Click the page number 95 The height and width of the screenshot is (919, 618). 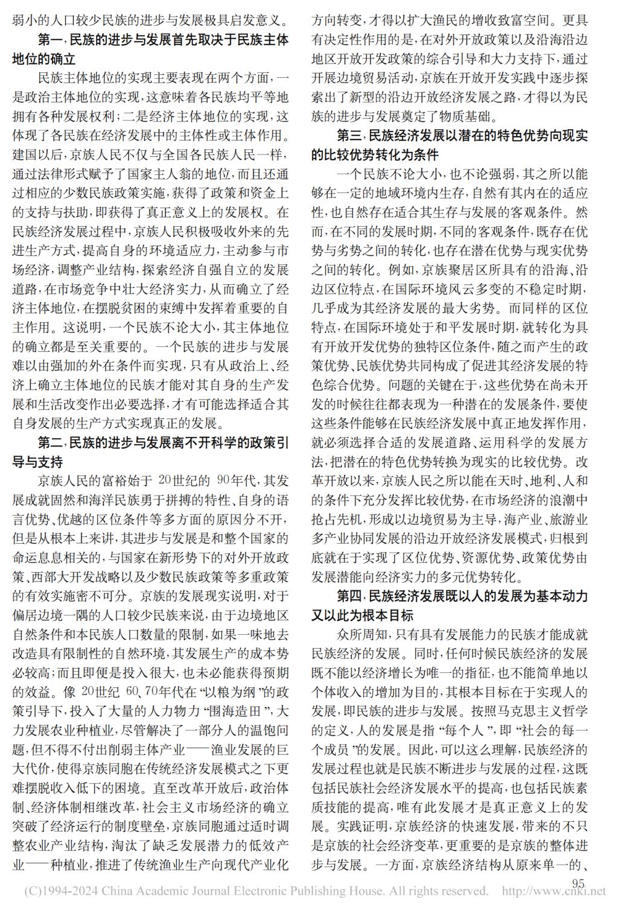click(578, 883)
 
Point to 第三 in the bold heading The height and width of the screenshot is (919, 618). click(349, 136)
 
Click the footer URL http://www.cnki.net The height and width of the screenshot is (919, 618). click(553, 891)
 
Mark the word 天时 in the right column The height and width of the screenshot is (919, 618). click(502, 482)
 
